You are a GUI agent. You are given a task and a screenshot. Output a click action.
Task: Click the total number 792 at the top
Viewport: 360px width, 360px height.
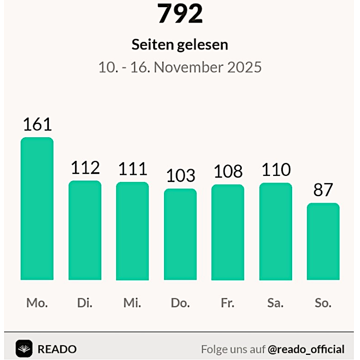pos(180,14)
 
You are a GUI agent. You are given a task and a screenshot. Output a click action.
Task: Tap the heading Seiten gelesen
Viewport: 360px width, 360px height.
pos(179,45)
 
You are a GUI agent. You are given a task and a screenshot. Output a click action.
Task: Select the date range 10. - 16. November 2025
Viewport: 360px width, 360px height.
pos(180,67)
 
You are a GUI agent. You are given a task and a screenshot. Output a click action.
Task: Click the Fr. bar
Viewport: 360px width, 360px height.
pos(227,232)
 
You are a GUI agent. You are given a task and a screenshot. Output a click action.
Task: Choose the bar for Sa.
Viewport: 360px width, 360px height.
pos(275,231)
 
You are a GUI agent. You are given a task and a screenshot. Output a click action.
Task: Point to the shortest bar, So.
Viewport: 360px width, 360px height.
pos(323,241)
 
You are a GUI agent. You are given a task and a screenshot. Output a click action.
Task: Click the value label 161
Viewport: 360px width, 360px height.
pos(37,124)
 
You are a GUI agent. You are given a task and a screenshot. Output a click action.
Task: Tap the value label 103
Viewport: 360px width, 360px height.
pos(180,176)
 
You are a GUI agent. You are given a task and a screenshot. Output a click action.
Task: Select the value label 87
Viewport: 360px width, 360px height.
pos(323,190)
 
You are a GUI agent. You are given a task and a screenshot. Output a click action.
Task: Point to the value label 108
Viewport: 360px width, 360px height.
pos(227,172)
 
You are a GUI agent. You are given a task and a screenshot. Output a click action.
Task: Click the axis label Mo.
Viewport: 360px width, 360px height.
pos(37,303)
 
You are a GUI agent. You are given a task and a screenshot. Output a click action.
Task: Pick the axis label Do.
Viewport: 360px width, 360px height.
pos(180,303)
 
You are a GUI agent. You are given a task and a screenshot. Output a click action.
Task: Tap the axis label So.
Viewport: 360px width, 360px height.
pos(323,303)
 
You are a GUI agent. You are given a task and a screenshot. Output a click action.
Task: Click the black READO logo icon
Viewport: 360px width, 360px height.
pos(24,349)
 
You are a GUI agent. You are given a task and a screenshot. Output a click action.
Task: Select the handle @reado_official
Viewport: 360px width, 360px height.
pos(306,349)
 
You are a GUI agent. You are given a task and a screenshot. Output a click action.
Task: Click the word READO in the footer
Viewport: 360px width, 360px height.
pos(57,349)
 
